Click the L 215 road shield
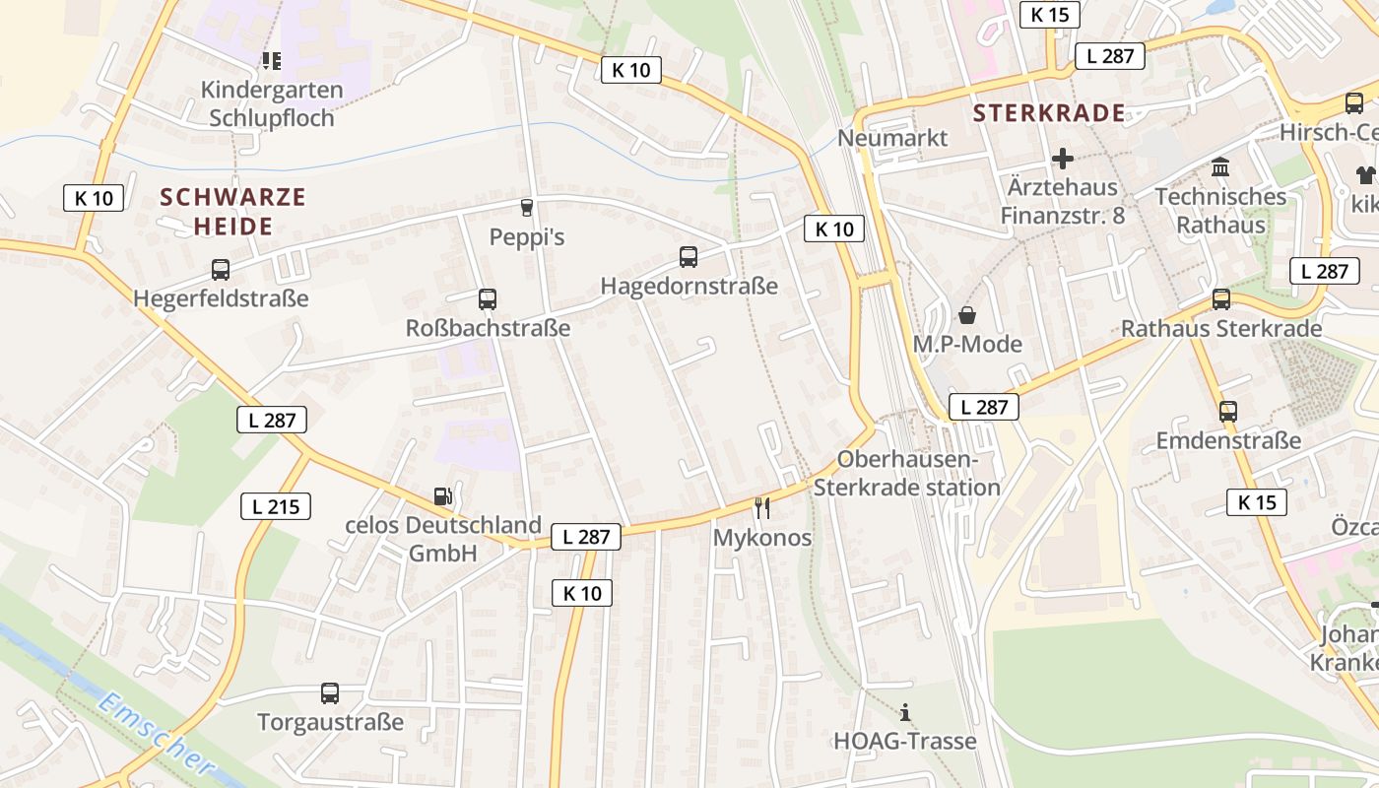(x=276, y=507)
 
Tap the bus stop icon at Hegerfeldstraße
(x=221, y=270)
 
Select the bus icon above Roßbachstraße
(x=487, y=299)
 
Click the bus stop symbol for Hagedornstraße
(x=689, y=257)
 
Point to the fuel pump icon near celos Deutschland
(x=443, y=496)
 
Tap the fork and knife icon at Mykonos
(x=761, y=508)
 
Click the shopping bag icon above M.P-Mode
(x=967, y=315)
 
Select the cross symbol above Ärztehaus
(x=1062, y=158)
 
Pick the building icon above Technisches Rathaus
(x=1220, y=166)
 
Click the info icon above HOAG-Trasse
(x=905, y=712)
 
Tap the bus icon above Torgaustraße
(x=330, y=693)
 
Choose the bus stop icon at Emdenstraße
(x=1228, y=412)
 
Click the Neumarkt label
(x=892, y=138)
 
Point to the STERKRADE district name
(x=1049, y=112)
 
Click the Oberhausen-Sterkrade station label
(x=906, y=474)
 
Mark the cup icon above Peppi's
(x=526, y=207)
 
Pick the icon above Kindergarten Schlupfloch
(x=272, y=61)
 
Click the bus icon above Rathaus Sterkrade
(x=1221, y=299)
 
